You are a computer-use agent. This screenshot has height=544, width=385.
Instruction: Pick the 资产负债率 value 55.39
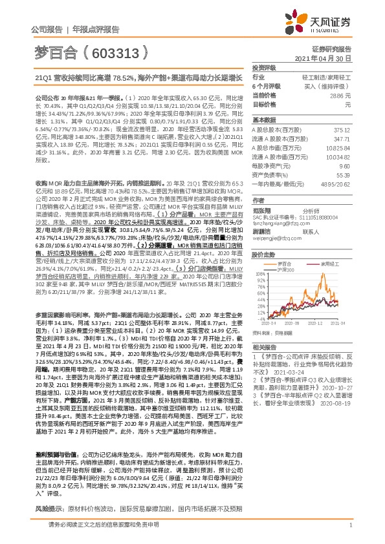click(344, 174)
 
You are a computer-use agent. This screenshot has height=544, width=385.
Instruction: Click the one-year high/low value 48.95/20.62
click(336, 183)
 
